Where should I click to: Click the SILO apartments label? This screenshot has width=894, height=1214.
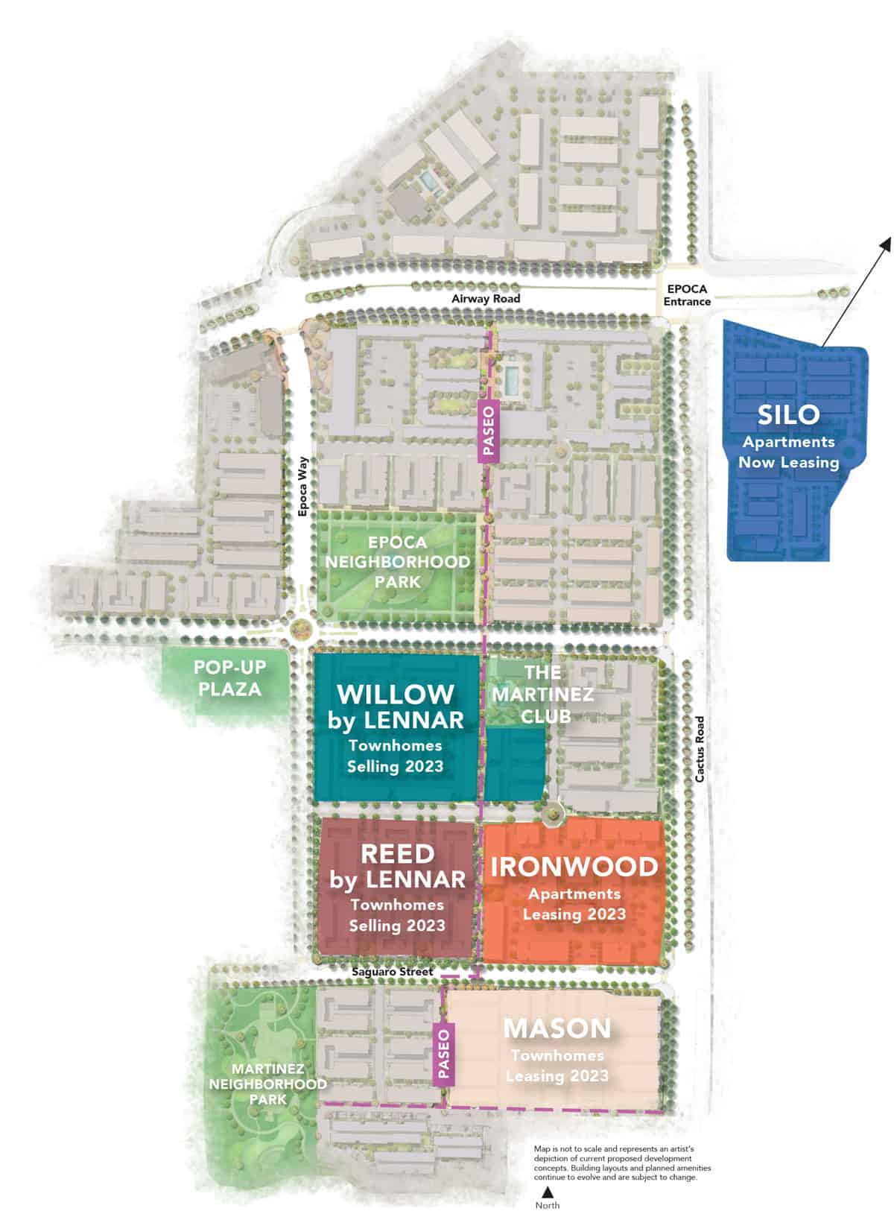(788, 415)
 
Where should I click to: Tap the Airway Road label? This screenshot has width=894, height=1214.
(486, 298)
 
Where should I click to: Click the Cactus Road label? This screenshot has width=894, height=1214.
(700, 749)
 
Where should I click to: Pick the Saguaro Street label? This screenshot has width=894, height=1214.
(393, 972)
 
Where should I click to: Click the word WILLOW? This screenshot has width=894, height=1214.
(396, 694)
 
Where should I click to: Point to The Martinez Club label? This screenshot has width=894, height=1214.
(558, 695)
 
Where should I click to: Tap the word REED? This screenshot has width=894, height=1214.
(397, 853)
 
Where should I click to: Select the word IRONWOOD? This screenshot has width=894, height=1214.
(574, 866)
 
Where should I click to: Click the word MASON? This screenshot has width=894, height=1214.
(557, 1028)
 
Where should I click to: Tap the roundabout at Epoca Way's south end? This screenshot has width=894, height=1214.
(302, 628)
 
